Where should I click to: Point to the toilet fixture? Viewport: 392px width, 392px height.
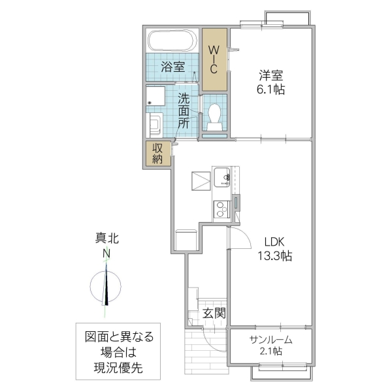[214, 116]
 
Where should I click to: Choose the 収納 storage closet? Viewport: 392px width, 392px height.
[159, 154]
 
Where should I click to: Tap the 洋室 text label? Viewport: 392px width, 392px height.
[270, 75]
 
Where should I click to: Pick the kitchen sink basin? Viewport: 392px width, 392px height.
[221, 177]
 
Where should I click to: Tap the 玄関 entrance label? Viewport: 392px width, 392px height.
[214, 313]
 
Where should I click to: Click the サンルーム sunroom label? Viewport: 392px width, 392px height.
[270, 339]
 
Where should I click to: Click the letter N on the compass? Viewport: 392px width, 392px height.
[106, 255]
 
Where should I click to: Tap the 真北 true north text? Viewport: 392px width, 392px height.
[106, 240]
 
